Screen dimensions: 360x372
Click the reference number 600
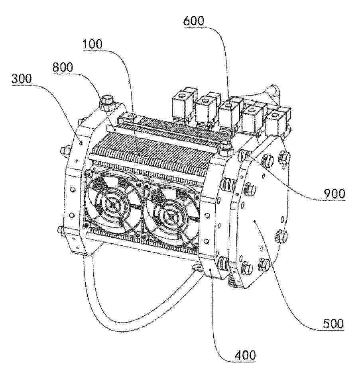pos(193,21)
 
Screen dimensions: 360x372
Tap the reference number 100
pos(92,44)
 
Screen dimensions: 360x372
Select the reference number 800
pos(63,67)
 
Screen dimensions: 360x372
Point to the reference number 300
pos(22,78)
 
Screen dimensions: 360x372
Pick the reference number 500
pos(333,323)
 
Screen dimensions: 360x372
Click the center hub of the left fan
pos(111,204)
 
